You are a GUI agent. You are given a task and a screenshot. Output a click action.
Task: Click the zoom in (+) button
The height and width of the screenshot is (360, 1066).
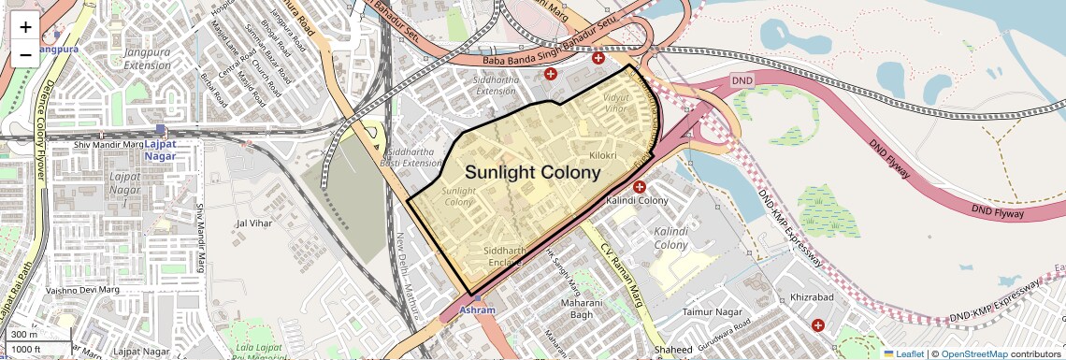25,26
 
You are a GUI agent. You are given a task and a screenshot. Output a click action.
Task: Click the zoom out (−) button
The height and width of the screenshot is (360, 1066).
25,54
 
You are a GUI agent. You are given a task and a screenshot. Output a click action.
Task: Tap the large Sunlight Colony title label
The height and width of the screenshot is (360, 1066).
532,173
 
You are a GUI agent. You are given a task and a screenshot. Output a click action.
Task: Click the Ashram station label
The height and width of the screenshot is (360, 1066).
477,310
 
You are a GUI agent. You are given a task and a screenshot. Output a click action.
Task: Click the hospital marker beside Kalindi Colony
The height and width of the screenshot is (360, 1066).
639,187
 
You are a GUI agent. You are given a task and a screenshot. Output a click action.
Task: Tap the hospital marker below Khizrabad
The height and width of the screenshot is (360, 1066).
819,325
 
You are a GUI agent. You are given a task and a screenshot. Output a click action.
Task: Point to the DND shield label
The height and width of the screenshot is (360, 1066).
742,81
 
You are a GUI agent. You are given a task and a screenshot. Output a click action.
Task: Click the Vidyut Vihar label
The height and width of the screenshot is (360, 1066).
616,103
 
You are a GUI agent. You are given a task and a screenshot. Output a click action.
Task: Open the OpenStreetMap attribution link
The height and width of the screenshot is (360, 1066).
973,353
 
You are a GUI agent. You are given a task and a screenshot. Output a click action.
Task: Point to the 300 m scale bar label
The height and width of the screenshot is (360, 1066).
24,334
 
